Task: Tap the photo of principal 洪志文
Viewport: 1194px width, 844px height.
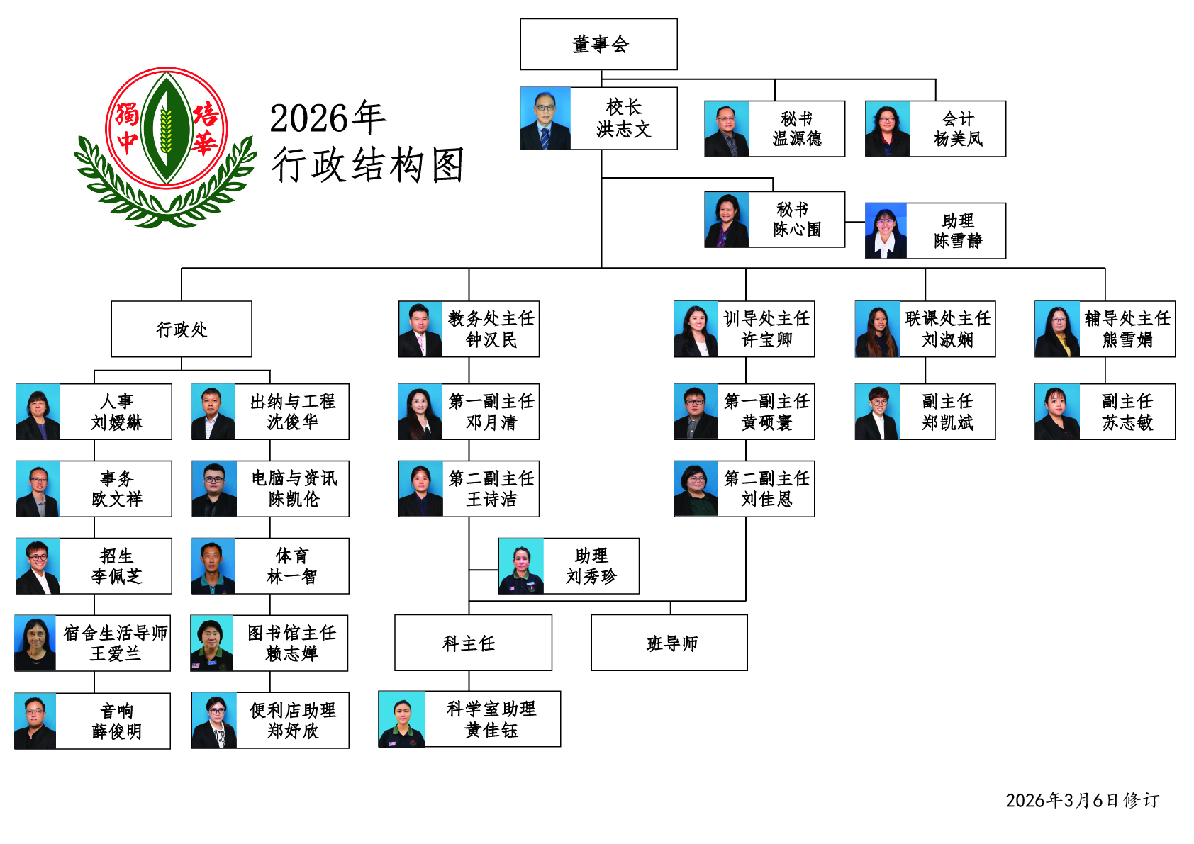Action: [x=545, y=118]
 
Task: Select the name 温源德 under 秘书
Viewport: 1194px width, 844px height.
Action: [x=797, y=139]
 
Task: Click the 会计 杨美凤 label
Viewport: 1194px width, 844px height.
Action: [x=958, y=129]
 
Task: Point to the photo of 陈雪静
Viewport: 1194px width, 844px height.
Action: [x=886, y=231]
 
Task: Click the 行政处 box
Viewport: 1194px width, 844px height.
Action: [x=182, y=329]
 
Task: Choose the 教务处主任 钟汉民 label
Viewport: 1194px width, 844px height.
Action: [x=491, y=329]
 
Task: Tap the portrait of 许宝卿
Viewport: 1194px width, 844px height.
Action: [x=696, y=329]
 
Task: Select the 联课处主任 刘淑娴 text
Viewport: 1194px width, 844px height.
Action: [x=947, y=329]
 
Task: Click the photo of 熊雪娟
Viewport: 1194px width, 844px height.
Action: [x=1056, y=329]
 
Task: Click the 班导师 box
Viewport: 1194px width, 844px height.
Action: [x=669, y=643]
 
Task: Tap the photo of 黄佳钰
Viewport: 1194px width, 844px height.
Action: [x=401, y=719]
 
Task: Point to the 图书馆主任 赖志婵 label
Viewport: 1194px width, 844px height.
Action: [x=291, y=643]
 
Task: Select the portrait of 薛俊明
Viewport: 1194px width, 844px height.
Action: [x=35, y=721]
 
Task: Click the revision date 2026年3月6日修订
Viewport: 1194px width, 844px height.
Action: [x=1082, y=801]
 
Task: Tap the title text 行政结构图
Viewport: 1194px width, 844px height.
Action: [x=367, y=165]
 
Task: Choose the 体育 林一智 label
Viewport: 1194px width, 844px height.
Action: [x=291, y=566]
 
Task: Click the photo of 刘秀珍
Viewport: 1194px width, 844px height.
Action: [x=521, y=566]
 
